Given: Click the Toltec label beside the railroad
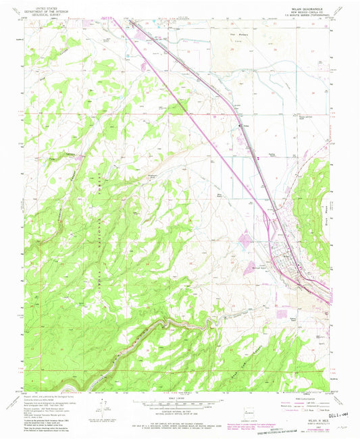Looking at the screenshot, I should pos(243,126).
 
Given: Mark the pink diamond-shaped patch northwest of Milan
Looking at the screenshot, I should pos(245,237).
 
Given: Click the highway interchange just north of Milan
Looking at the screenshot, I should pos(276,222).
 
